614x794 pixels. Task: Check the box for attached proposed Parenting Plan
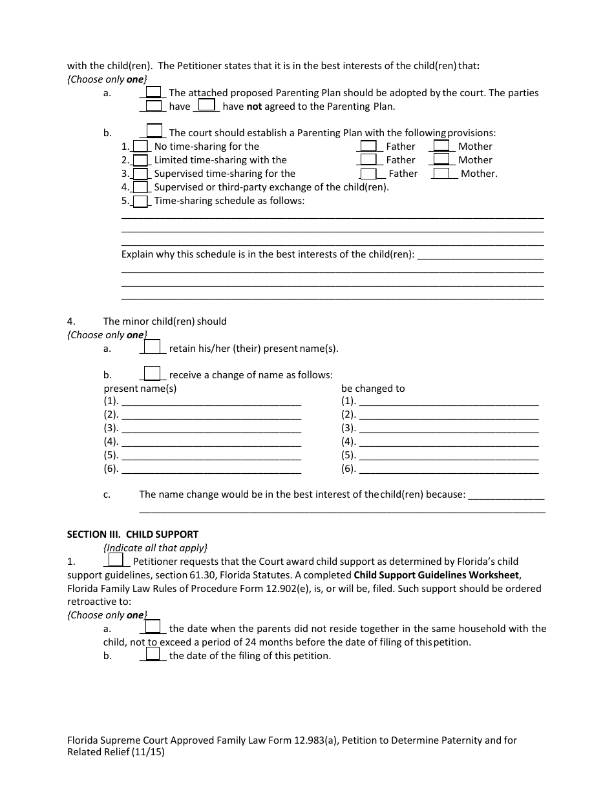[153, 92]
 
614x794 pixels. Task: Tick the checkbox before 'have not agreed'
[206, 105]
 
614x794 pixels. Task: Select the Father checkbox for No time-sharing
[368, 146]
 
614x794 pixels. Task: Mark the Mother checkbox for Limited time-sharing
[441, 159]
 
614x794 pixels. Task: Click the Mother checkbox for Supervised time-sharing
[441, 173]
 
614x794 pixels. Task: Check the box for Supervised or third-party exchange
[140, 187]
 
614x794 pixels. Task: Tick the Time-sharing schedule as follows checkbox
[140, 201]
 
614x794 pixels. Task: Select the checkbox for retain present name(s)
[153, 347]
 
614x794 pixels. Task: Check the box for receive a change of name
[153, 374]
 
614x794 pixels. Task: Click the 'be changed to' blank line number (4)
[448, 442]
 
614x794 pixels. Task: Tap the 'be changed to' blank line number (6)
[448, 469]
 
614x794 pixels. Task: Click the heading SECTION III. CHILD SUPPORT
[132, 534]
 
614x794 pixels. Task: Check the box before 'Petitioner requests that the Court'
[116, 560]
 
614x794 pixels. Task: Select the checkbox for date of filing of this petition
[153, 655]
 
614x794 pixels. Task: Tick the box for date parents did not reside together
[153, 627]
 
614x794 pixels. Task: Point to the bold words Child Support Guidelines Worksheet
[436, 575]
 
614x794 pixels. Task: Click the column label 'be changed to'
[373, 389]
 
